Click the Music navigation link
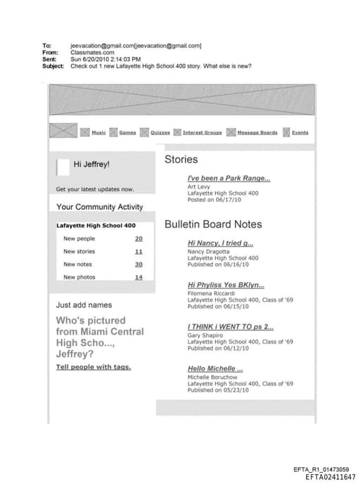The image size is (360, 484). click(98, 132)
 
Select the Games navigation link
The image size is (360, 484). click(127, 132)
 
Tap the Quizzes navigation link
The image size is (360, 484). click(160, 132)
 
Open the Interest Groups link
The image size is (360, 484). click(202, 132)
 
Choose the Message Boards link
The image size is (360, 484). click(257, 132)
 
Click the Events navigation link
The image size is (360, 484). click(300, 132)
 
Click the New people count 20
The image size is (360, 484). click(139, 238)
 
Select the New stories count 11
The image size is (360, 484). click(139, 251)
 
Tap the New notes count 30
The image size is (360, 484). click(139, 264)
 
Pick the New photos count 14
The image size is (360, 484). click(139, 276)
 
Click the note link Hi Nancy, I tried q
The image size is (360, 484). click(220, 243)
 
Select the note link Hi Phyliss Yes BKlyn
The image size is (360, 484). click(226, 285)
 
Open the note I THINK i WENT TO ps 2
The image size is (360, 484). click(231, 327)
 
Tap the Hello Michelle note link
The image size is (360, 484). click(215, 369)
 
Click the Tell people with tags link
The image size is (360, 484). click(94, 367)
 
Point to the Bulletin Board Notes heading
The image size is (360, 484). click(213, 224)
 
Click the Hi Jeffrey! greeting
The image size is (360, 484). click(91, 165)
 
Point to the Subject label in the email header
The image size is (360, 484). click(53, 66)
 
